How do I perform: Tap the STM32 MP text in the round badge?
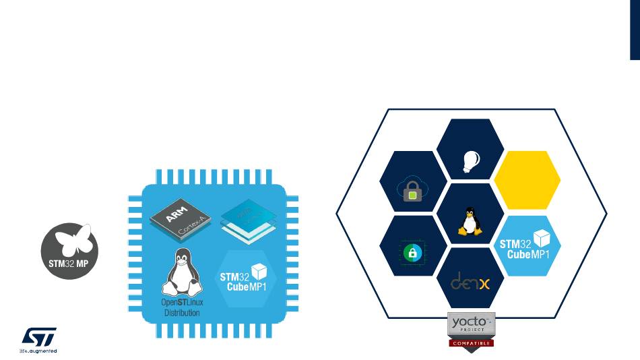[69, 260]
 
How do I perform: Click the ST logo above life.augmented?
[40, 336]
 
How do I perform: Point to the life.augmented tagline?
[38, 351]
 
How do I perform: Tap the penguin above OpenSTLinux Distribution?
[180, 273]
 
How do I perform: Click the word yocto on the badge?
[469, 323]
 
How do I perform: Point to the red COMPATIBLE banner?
[472, 342]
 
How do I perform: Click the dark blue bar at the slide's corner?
[635, 30]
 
